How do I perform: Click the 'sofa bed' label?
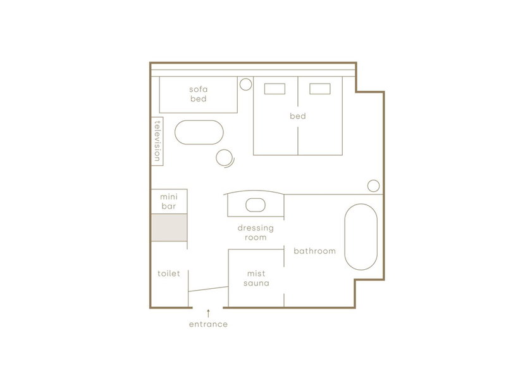click(x=198, y=94)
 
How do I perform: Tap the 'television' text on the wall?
click(x=157, y=141)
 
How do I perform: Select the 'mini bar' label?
click(x=169, y=201)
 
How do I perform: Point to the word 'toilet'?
click(x=168, y=274)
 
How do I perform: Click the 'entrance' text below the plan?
click(x=208, y=324)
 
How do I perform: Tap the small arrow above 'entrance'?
click(x=209, y=313)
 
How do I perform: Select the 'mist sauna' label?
click(x=256, y=278)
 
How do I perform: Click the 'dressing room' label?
click(x=256, y=232)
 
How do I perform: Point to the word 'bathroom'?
click(x=314, y=251)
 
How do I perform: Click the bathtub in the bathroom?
click(x=361, y=237)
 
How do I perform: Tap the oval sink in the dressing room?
click(x=256, y=205)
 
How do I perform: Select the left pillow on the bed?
click(x=275, y=89)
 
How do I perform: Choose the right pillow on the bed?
click(x=320, y=89)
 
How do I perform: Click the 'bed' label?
click(x=297, y=116)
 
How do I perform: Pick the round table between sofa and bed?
click(x=245, y=84)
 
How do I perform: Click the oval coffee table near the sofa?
click(x=199, y=132)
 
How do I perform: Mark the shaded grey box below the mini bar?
click(x=169, y=227)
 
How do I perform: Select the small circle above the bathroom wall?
click(x=373, y=186)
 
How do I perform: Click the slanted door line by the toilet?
click(x=209, y=289)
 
